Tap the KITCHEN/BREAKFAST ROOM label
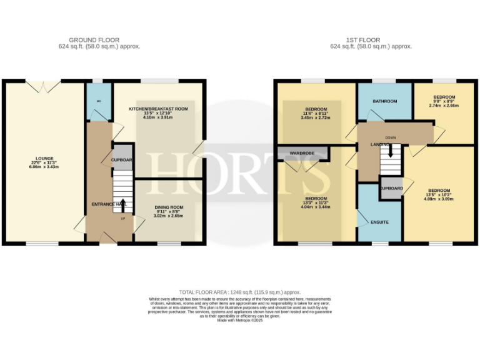pos(158,109)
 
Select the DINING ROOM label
pos(169,207)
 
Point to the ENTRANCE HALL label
pos(109,204)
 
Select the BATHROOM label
pos(385,101)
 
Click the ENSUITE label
pos(379,222)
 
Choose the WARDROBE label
pos(302,152)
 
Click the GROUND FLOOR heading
pos(99,40)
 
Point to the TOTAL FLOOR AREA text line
pos(240,292)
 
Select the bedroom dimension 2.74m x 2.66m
pos(444,106)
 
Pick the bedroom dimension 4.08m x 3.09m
pos(440,199)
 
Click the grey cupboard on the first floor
pos(391,188)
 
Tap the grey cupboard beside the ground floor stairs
pos(122,159)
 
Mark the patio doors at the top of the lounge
pos(43,82)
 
